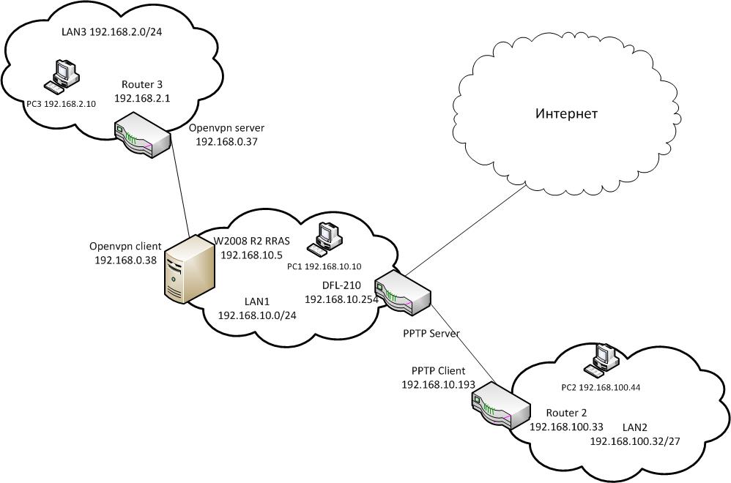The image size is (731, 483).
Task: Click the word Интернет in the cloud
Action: (566, 114)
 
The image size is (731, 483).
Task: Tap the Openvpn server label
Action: (226, 127)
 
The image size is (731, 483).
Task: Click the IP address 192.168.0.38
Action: (126, 259)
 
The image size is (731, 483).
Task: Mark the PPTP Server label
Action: (431, 334)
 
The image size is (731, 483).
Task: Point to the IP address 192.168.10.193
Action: (438, 384)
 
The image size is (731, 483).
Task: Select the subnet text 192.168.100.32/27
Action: (637, 441)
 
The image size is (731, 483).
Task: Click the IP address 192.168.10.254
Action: (341, 299)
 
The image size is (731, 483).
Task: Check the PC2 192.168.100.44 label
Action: (599, 387)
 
